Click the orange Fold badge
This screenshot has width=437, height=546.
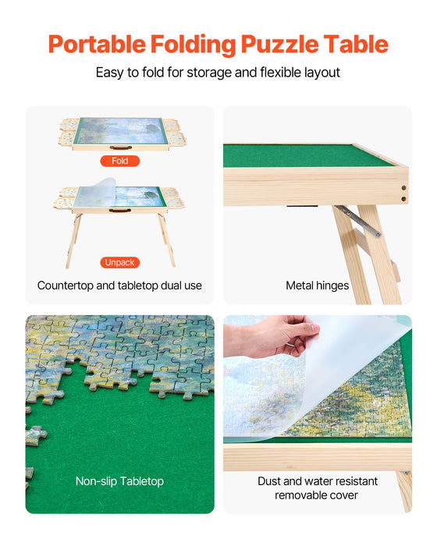coord(119,161)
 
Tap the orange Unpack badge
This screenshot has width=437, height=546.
coord(119,262)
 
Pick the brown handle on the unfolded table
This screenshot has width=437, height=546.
coord(119,210)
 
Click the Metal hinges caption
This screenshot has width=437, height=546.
coord(317,285)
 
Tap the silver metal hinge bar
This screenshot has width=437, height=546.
coord(358,222)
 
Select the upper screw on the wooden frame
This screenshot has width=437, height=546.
coord(403,187)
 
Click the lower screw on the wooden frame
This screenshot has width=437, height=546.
coord(403,199)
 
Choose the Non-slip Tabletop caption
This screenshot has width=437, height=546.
coord(119,481)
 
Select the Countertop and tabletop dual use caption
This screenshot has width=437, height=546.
coord(119,285)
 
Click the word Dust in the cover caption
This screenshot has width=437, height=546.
coord(270,481)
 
